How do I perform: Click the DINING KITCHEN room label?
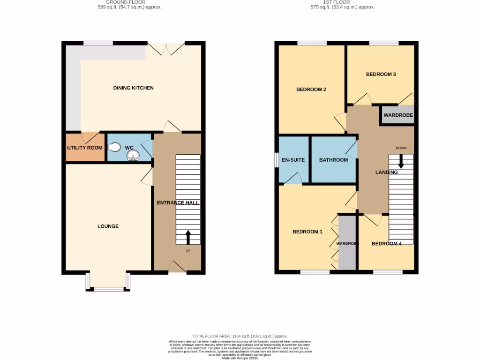click(133, 88)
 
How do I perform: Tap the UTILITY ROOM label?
click(84, 148)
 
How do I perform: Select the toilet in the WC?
click(113, 147)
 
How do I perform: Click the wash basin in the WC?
click(133, 155)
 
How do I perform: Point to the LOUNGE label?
click(108, 226)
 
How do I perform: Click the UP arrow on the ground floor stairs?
click(188, 237)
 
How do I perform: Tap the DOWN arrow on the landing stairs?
click(401, 161)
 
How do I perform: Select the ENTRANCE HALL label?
click(178, 203)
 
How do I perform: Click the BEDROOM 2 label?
click(311, 90)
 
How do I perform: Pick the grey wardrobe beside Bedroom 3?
click(397, 115)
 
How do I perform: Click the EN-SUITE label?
click(293, 160)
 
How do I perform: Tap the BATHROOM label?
click(333, 160)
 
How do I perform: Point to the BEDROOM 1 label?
click(307, 232)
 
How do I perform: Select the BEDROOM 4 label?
click(386, 244)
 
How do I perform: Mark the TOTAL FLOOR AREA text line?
click(240, 336)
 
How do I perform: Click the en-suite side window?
click(276, 160)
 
